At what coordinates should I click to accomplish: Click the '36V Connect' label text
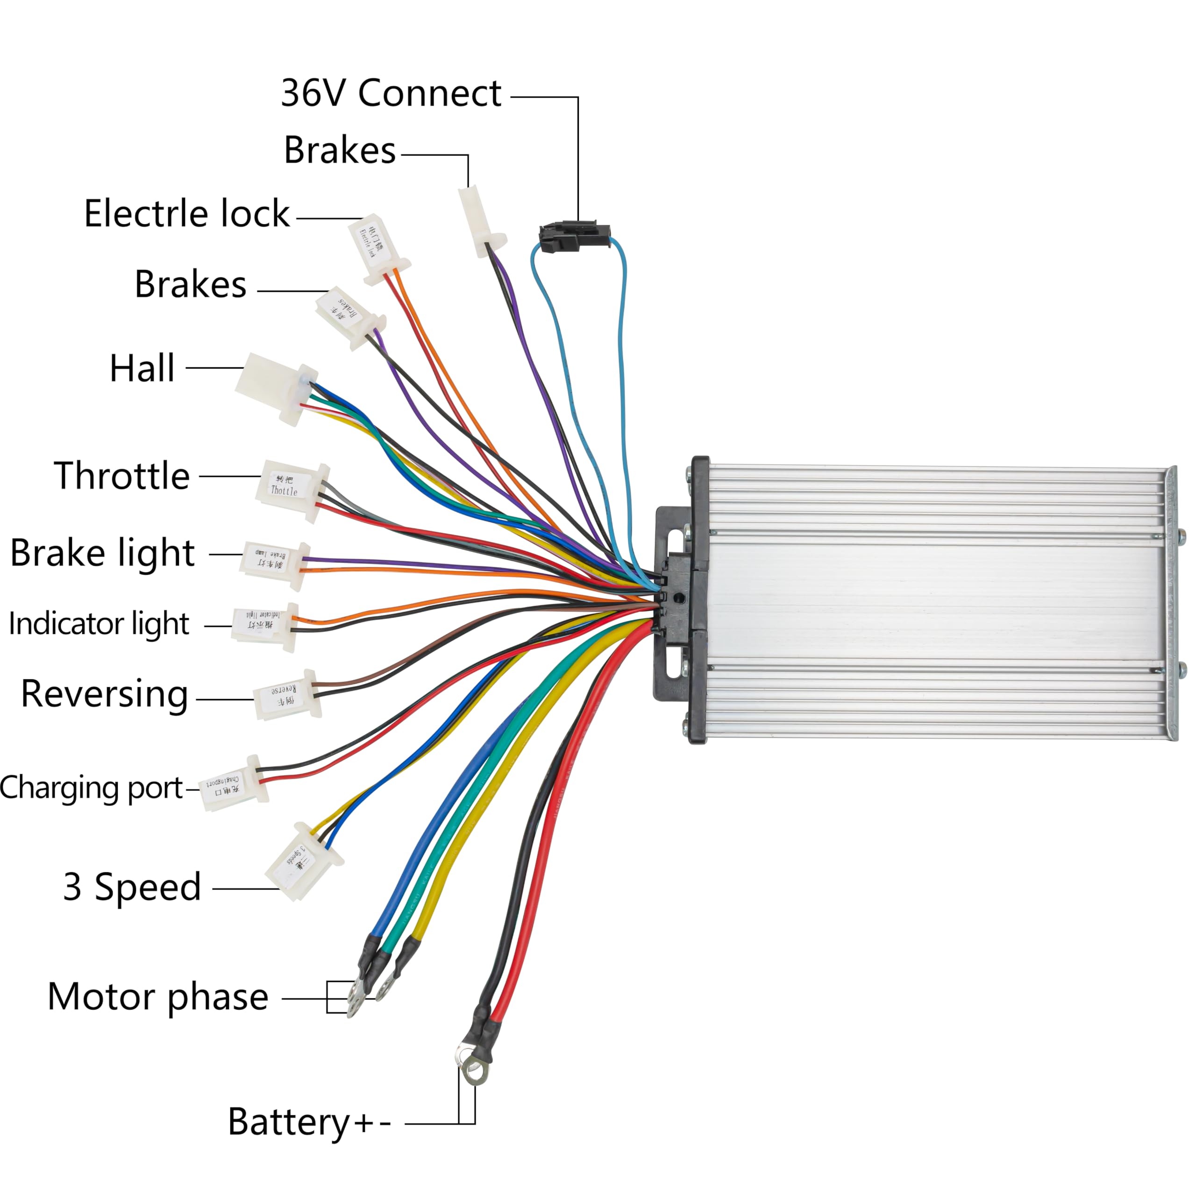[x=391, y=94]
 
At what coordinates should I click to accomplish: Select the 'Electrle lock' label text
[x=186, y=214]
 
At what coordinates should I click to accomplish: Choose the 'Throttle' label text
[x=122, y=476]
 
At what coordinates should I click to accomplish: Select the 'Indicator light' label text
[x=99, y=624]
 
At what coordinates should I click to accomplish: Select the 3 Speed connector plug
[x=303, y=861]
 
